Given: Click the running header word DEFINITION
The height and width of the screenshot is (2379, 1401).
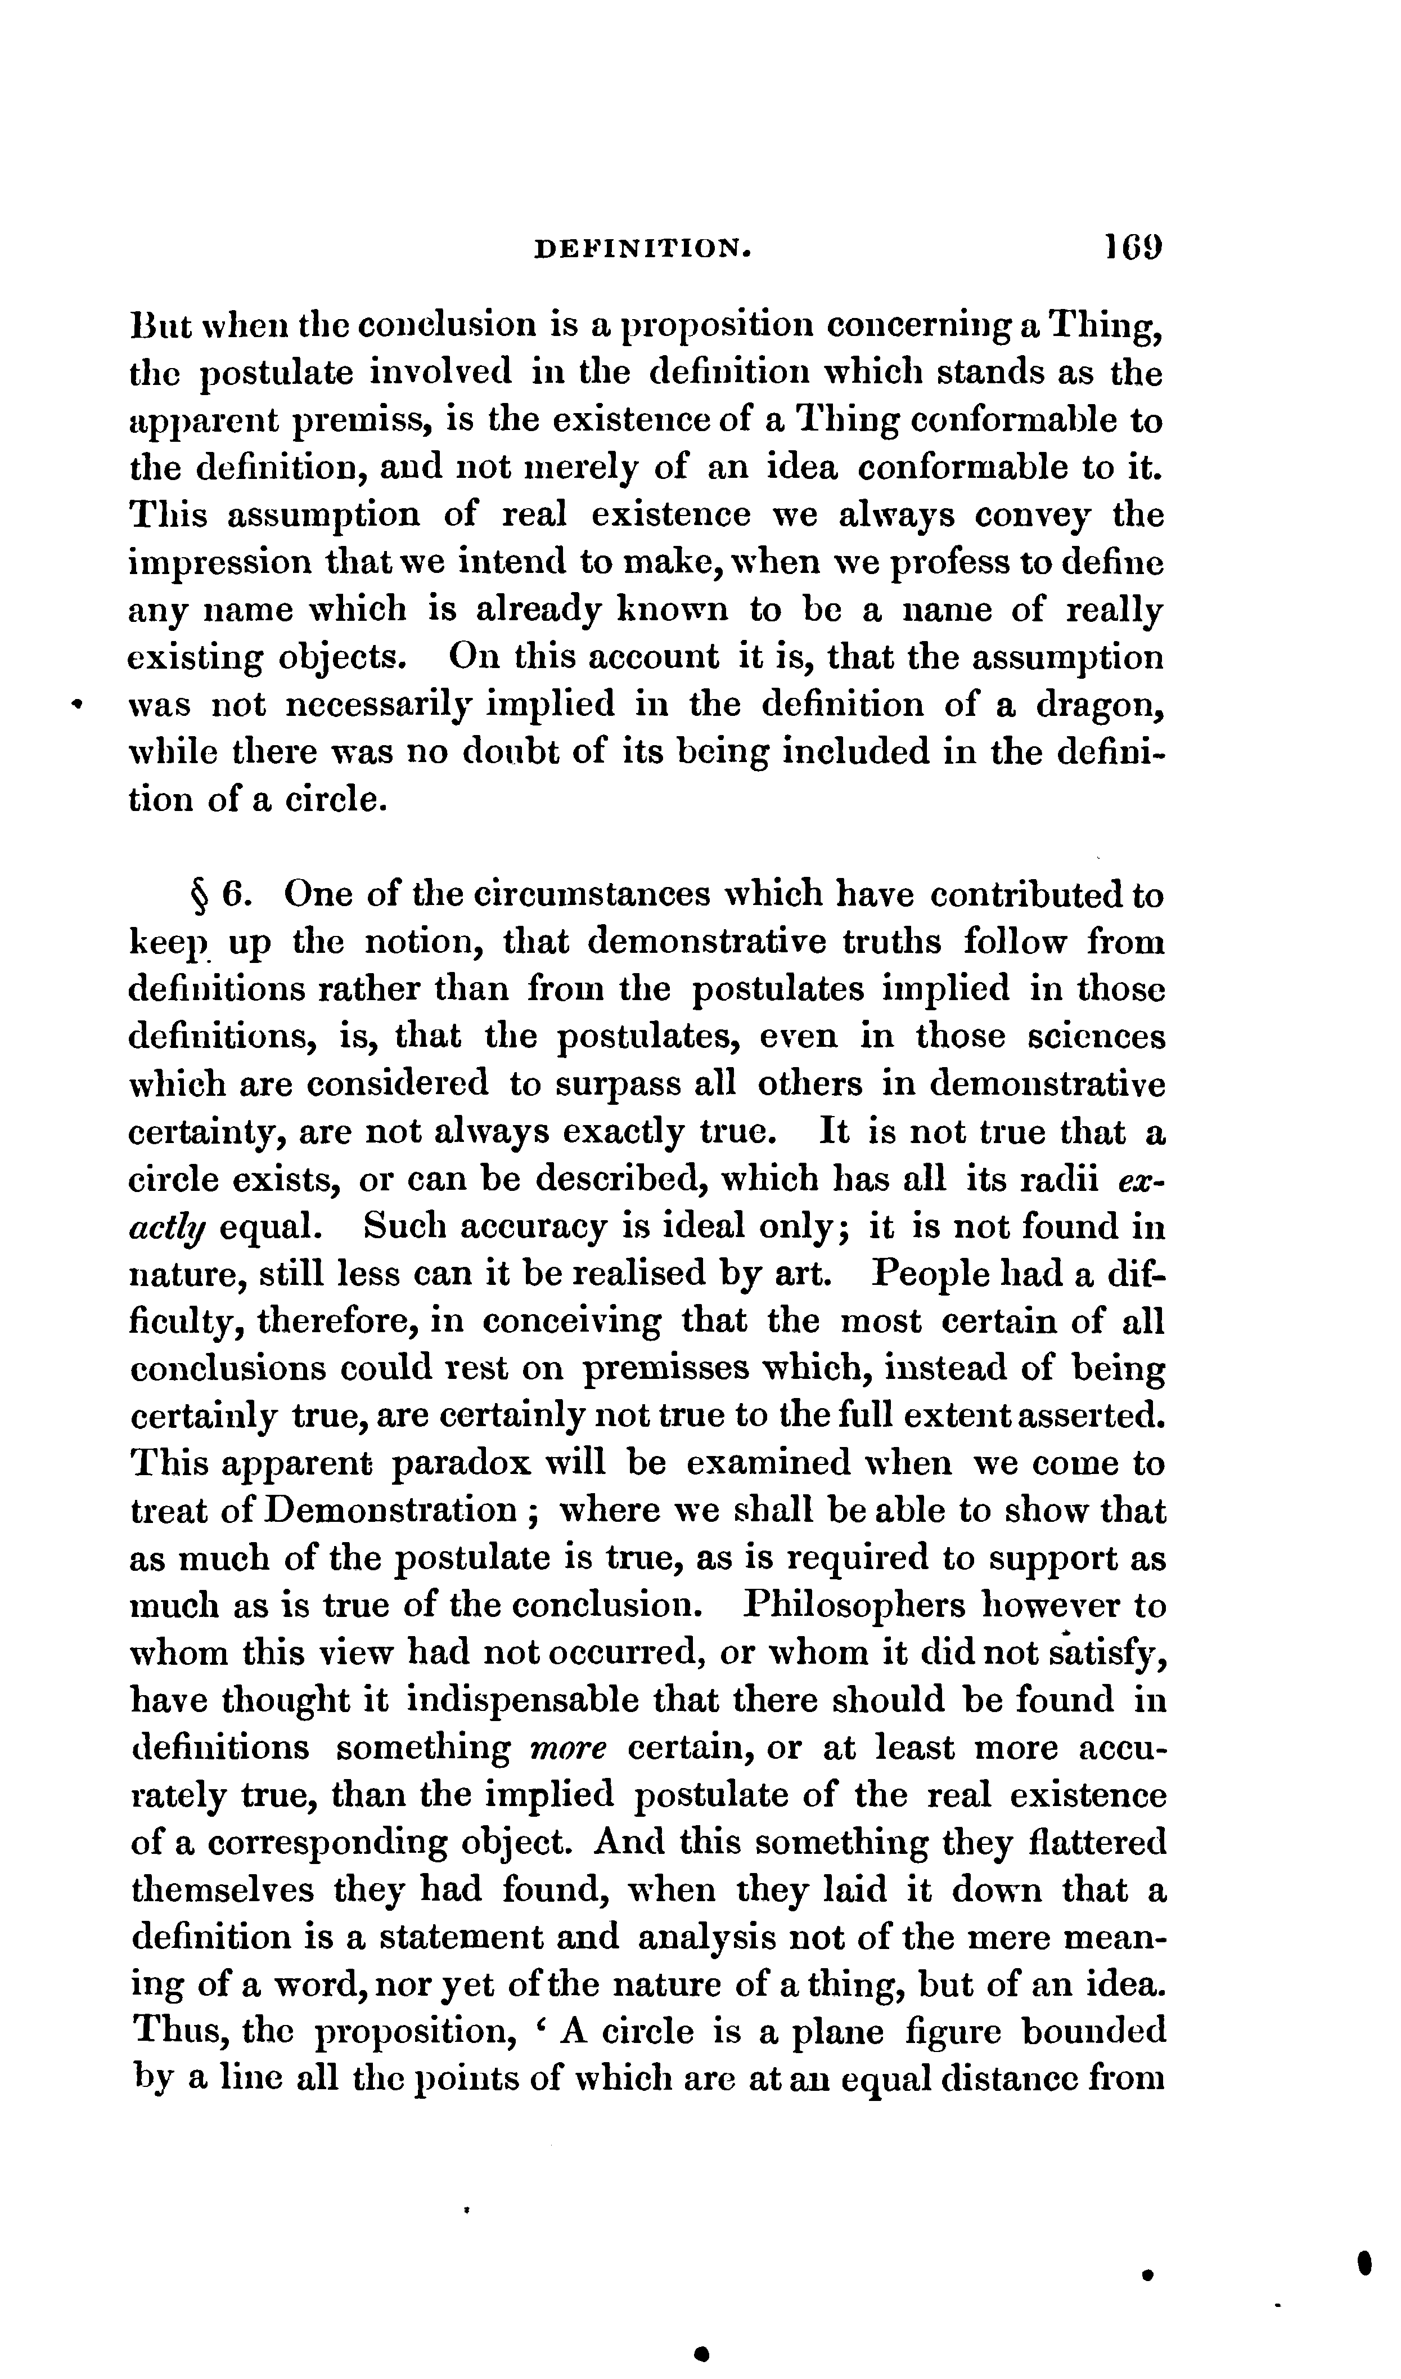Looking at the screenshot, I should tap(642, 248).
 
